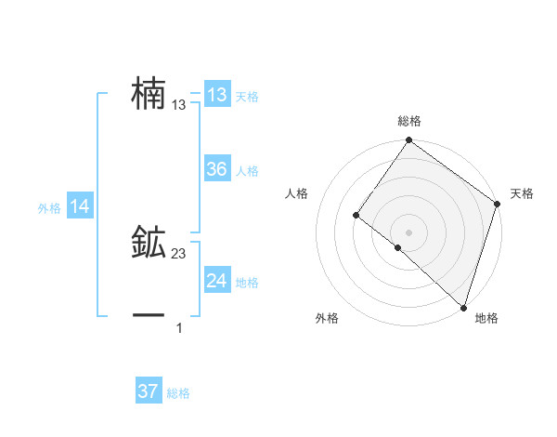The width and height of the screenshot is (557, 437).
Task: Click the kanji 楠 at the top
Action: pos(149,95)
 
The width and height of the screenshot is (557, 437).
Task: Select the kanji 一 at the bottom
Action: pos(149,316)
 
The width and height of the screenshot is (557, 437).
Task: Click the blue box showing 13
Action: pos(216,95)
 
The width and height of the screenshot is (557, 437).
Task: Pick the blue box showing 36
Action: pos(216,169)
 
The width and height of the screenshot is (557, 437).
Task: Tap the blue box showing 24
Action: pos(216,281)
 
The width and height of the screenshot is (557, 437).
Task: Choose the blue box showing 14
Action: pos(79,207)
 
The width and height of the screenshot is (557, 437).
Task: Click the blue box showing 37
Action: pos(148,391)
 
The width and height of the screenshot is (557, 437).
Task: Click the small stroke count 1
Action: pos(179,328)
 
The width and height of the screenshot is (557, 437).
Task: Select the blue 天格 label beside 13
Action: pos(247,97)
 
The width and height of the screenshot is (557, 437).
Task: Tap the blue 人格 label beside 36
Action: pos(247,171)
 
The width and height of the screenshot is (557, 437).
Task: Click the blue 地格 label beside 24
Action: pos(247,283)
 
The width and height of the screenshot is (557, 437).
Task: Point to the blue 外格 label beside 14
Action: pos(49,209)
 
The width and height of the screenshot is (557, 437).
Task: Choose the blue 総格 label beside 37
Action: pos(178,393)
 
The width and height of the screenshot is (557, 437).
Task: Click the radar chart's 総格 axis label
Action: pos(409,121)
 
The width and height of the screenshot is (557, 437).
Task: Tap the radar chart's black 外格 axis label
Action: pos(327,319)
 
